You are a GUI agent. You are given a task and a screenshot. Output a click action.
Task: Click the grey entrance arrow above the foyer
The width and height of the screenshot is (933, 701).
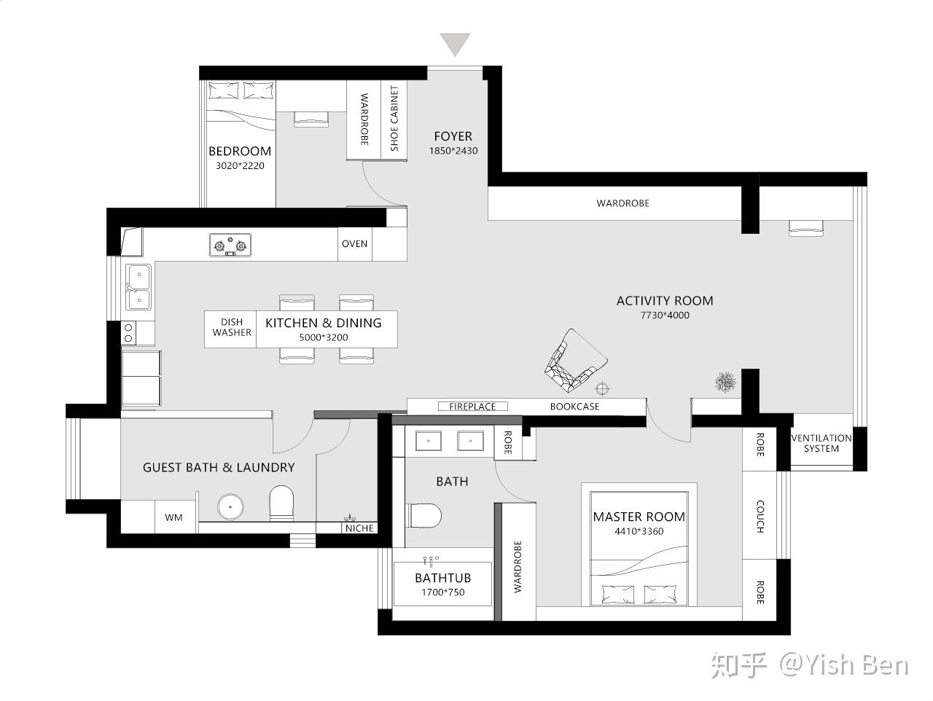point(455,44)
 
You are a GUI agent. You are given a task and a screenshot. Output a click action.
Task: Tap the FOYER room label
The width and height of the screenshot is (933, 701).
point(453,136)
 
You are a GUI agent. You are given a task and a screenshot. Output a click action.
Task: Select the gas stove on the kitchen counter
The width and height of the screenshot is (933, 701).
point(230,245)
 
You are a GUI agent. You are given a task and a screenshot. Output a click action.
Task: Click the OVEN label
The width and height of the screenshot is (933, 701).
point(354,244)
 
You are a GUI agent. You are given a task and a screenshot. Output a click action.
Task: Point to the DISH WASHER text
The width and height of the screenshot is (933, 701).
point(232,327)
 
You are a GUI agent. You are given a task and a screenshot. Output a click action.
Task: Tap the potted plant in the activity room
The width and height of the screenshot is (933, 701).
point(725,382)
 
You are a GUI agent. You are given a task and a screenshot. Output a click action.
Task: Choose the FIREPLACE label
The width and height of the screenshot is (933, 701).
point(472,407)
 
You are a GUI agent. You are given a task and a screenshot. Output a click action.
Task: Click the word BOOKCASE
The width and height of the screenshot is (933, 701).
point(574,407)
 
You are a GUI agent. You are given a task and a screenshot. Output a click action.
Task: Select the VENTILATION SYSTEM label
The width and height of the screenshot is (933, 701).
point(821,443)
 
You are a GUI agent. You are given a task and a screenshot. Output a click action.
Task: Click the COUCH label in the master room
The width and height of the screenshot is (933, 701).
point(760,517)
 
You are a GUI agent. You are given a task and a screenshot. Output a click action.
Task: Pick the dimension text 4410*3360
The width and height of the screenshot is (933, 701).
point(639,531)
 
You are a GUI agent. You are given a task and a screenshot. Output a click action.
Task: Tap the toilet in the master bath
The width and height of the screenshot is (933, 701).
point(425,516)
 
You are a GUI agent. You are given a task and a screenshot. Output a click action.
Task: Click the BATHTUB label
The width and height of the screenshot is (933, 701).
point(443,578)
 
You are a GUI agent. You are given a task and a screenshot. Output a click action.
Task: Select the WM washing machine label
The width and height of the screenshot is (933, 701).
point(173,517)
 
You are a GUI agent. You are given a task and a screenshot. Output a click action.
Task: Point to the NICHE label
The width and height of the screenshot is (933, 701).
point(359,528)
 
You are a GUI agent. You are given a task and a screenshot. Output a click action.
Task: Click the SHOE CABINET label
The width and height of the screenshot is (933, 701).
point(394,118)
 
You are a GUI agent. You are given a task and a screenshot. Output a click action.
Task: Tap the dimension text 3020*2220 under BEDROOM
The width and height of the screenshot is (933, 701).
point(240,165)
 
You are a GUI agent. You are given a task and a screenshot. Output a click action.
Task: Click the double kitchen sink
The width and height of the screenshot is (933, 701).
point(138,287)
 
